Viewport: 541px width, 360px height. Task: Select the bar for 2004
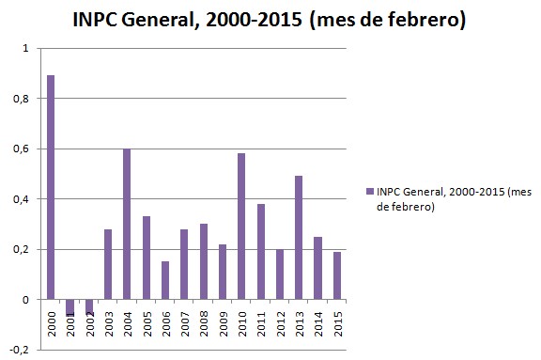pyautogui.click(x=127, y=224)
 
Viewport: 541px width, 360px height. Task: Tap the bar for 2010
pyautogui.click(x=241, y=227)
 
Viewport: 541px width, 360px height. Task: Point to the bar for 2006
pyautogui.click(x=165, y=280)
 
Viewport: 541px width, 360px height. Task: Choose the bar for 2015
pyautogui.click(x=337, y=275)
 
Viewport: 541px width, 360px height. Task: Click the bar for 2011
pyautogui.click(x=260, y=252)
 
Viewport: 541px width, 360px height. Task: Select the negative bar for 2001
pyautogui.click(x=70, y=307)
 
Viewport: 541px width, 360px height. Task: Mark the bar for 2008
pyautogui.click(x=203, y=261)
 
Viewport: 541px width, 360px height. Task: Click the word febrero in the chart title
pyautogui.click(x=417, y=20)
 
